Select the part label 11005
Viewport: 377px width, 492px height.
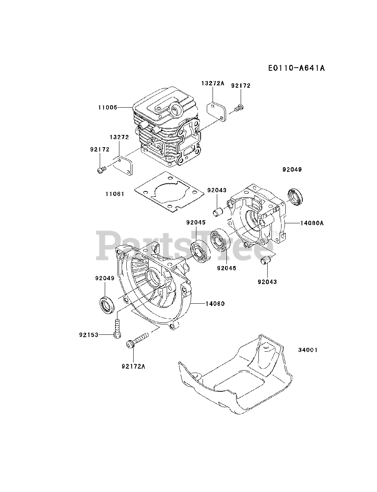point(107,107)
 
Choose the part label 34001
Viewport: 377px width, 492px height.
point(308,350)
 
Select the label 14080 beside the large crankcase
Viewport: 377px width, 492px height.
point(215,304)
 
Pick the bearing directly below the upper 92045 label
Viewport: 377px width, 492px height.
point(201,251)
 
